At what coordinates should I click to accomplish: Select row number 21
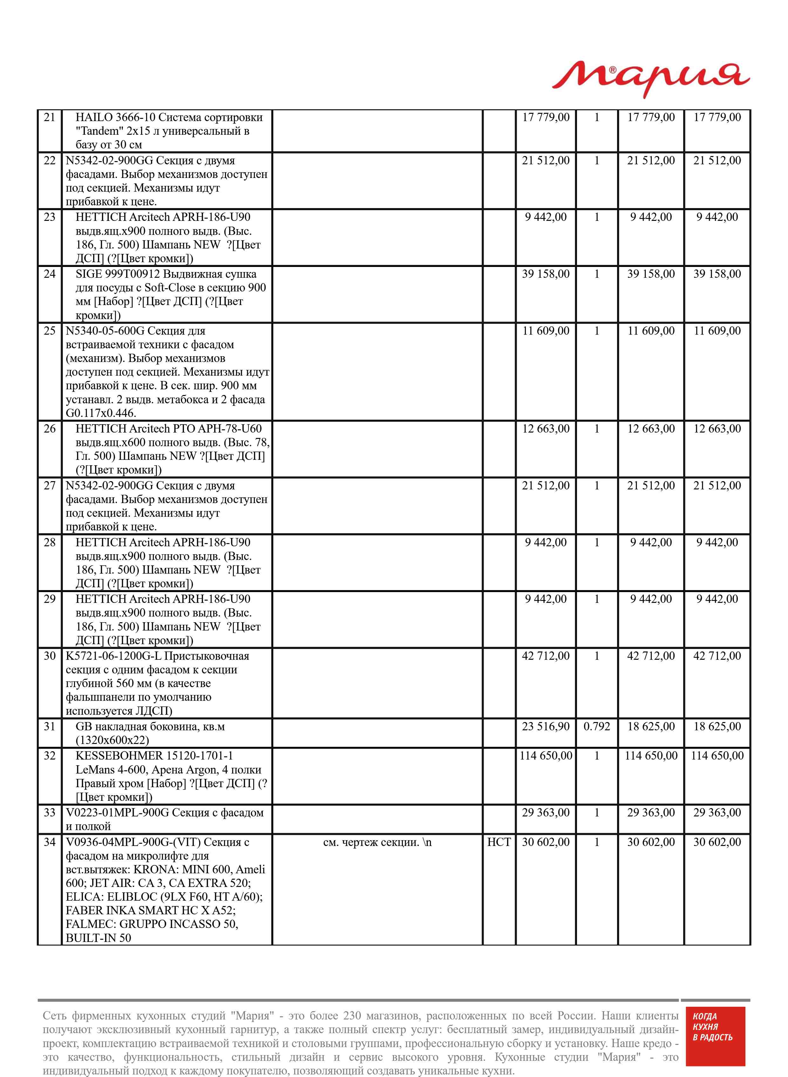coord(50,117)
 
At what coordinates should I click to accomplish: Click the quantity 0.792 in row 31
coord(597,726)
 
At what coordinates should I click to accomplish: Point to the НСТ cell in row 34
coord(499,842)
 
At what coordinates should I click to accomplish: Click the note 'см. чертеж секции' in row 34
coord(377,842)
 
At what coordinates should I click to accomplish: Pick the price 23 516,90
coord(546,726)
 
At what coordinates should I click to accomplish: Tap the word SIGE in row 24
coord(89,274)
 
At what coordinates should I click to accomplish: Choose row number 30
coord(50,656)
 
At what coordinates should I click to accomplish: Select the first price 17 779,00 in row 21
coord(546,117)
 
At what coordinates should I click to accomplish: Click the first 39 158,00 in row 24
coord(546,274)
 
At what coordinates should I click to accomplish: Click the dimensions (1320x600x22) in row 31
coord(112,740)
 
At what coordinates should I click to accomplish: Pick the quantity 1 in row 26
coord(597,428)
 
